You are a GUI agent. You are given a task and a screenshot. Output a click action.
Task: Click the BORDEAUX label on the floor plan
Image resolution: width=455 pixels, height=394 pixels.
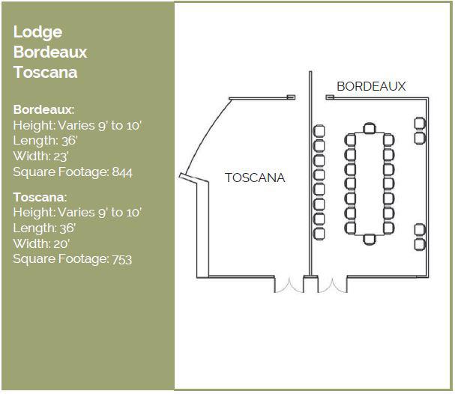[371, 86]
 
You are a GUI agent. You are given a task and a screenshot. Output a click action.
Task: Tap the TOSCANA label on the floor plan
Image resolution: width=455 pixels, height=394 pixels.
[255, 178]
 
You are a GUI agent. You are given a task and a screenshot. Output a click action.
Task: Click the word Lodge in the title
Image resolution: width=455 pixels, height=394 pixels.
[37, 32]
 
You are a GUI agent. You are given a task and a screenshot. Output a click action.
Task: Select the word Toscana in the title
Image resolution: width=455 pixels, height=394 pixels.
[45, 73]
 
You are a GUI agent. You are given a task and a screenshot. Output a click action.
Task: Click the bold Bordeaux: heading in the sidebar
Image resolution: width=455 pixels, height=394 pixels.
[43, 109]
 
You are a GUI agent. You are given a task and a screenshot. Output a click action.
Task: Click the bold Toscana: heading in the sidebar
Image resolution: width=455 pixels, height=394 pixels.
[40, 197]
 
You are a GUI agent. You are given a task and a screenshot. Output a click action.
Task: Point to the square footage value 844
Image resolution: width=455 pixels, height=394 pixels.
[121, 172]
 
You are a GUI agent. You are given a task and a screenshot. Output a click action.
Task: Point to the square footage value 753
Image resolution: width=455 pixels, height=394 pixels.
[121, 259]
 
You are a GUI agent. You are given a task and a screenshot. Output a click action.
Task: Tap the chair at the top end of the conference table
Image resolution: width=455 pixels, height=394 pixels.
[369, 128]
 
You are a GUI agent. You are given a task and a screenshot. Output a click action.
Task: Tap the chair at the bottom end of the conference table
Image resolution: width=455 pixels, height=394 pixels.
[369, 239]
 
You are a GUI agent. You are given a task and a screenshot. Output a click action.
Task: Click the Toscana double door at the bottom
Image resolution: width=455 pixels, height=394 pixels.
[286, 285]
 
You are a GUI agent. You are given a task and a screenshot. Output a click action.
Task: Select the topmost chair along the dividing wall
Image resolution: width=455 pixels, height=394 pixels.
[319, 130]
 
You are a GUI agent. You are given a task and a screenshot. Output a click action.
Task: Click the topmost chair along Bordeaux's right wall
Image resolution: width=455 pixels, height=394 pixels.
[420, 123]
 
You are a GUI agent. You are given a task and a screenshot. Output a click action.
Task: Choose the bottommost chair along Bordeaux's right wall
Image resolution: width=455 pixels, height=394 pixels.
[420, 244]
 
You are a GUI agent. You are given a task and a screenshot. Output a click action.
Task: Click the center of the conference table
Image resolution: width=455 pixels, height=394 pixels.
[369, 184]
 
